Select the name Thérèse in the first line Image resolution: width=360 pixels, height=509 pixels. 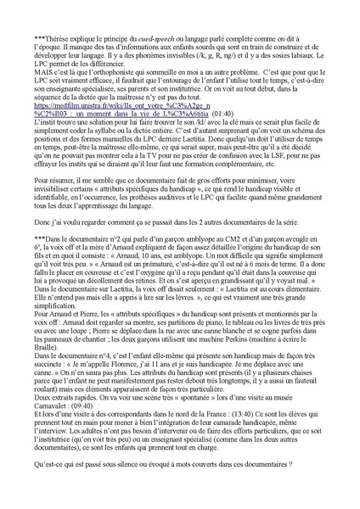pyautogui.click(x=60, y=39)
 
